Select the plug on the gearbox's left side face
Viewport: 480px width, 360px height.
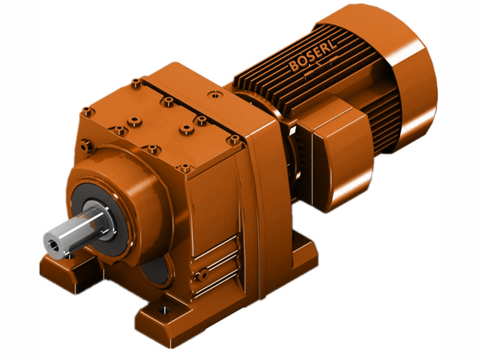coord(86,144)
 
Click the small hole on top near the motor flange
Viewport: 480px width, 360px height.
coord(213,94)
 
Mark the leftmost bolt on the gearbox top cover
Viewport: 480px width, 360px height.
coord(88,110)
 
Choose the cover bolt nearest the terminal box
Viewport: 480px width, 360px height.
coord(233,139)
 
